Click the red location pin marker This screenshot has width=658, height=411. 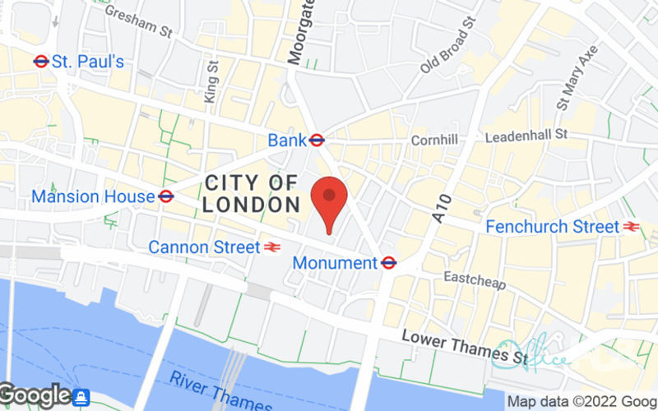coord(329,201)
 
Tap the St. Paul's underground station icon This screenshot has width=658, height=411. coord(41,61)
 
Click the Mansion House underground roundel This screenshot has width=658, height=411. coord(165,196)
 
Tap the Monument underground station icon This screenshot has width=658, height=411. coord(389,263)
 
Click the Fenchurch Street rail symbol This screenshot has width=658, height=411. coord(632,226)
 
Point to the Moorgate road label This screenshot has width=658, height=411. coord(299,31)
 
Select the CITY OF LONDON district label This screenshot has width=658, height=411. coord(251,194)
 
